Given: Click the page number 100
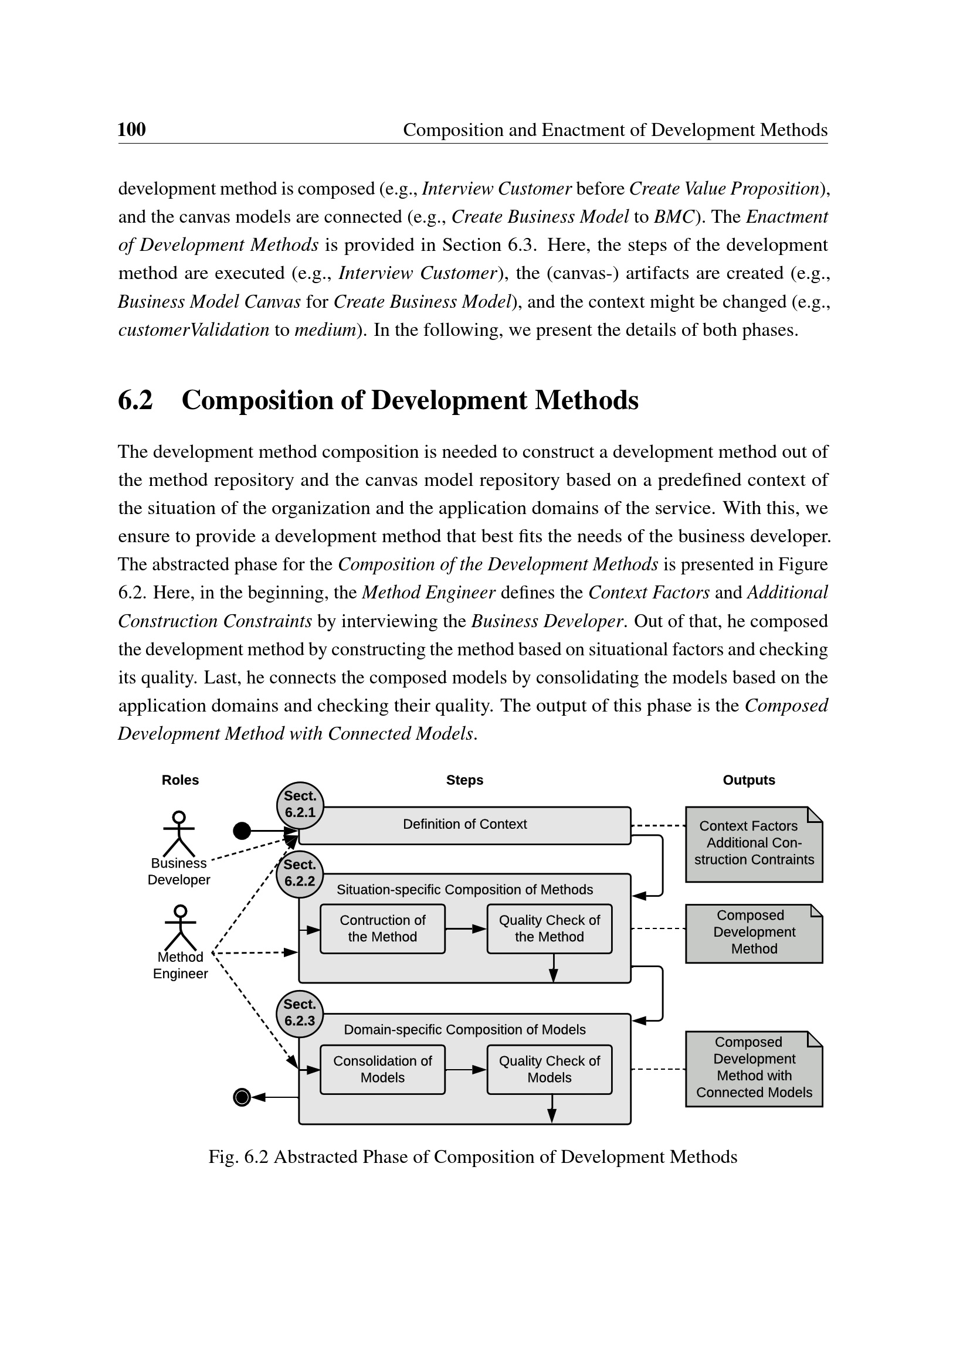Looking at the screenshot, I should [131, 129].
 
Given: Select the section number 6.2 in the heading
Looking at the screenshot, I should [135, 400].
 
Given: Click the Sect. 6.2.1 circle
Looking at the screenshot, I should [300, 805].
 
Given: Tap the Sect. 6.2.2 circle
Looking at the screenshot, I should [300, 873].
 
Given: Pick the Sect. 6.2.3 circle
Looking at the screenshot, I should [300, 1013].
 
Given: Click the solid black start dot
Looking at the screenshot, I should [242, 830].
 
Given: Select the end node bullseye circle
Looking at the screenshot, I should [242, 1097].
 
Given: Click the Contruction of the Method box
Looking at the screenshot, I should [382, 928].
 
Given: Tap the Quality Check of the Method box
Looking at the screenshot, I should [549, 928].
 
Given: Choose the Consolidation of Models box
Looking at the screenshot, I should [382, 1069].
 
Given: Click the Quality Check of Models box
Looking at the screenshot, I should [549, 1069].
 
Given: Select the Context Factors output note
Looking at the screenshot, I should [754, 843].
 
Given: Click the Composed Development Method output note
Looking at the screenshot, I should [754, 932].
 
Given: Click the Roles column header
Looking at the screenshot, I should [180, 780].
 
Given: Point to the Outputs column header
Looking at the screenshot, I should [748, 780].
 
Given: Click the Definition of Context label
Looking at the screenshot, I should [464, 824].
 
